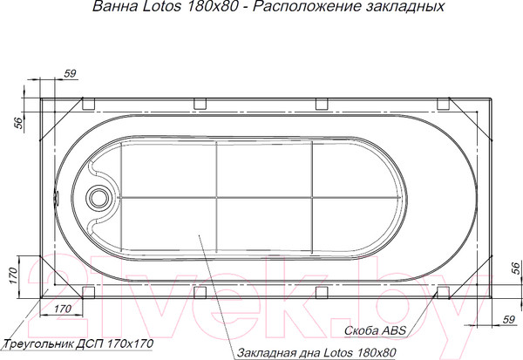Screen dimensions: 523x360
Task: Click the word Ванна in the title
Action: (x=115, y=7)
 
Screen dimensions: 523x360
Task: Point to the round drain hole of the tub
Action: (x=98, y=197)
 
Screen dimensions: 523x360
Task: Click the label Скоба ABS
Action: (x=375, y=330)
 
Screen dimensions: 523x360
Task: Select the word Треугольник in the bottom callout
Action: (x=37, y=344)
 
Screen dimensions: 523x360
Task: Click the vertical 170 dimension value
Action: (x=13, y=275)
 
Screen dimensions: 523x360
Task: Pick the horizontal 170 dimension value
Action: (x=63, y=309)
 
